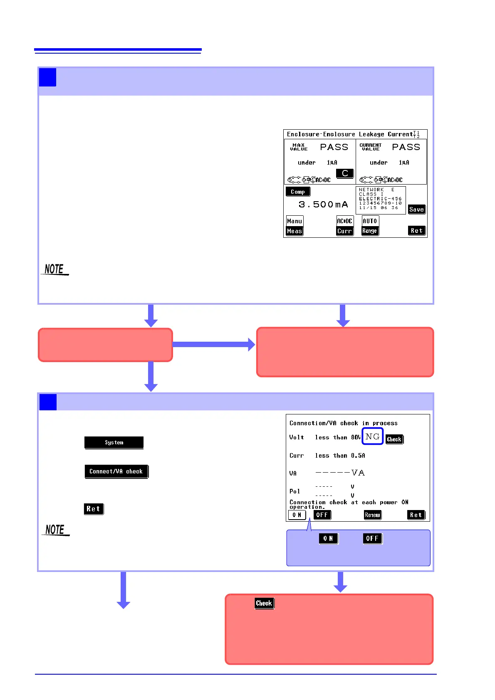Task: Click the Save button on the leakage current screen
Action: click(416, 210)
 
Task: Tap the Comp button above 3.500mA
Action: click(298, 192)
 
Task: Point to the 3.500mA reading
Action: click(323, 205)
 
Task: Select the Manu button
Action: click(295, 221)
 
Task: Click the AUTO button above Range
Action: click(370, 221)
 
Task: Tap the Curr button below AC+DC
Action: click(345, 231)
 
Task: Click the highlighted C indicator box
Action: click(345, 173)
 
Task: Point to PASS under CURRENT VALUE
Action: click(406, 147)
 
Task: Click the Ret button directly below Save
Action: click(417, 231)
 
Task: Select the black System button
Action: click(114, 442)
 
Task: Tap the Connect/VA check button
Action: click(116, 471)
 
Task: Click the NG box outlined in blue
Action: click(372, 436)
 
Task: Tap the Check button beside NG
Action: click(394, 439)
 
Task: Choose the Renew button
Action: click(372, 515)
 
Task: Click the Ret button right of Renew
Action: click(416, 515)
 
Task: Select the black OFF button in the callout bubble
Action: click(372, 538)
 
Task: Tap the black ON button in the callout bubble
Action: click(328, 538)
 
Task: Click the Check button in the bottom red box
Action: click(264, 603)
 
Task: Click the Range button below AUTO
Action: click(370, 231)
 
